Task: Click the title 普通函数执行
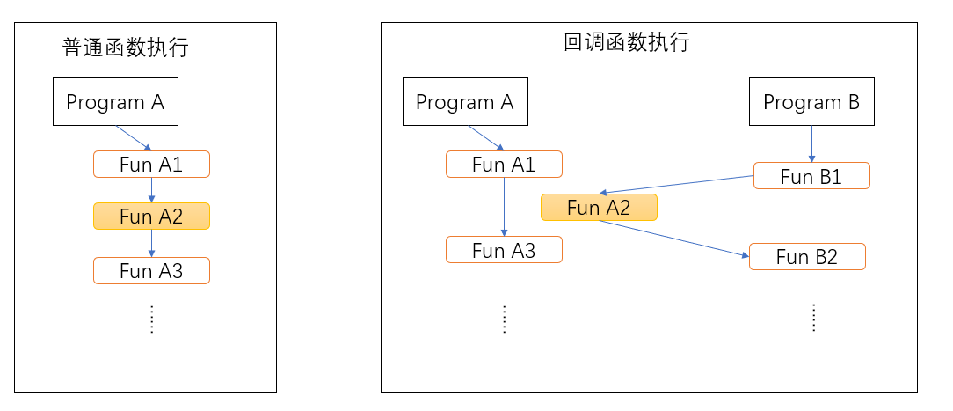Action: [x=126, y=48]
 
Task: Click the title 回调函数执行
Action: [x=627, y=42]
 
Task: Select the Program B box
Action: [x=811, y=102]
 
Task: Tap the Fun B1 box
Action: [x=811, y=176]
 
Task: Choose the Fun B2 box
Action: [x=807, y=257]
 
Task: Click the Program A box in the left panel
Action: [x=115, y=102]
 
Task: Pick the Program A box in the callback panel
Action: [x=464, y=102]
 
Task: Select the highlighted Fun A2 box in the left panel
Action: [x=151, y=217]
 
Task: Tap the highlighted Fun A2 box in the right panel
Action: [x=599, y=208]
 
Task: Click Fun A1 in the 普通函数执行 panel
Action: [x=151, y=165]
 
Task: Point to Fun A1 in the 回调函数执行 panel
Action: [x=504, y=165]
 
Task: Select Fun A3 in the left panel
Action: [x=151, y=271]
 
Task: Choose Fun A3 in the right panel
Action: [x=504, y=250]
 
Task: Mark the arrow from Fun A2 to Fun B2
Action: [x=674, y=239]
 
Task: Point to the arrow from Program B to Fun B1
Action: [x=811, y=143]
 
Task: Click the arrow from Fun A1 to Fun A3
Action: [x=504, y=207]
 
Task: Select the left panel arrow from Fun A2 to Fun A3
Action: [x=151, y=243]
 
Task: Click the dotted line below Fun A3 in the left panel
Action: [x=151, y=319]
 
